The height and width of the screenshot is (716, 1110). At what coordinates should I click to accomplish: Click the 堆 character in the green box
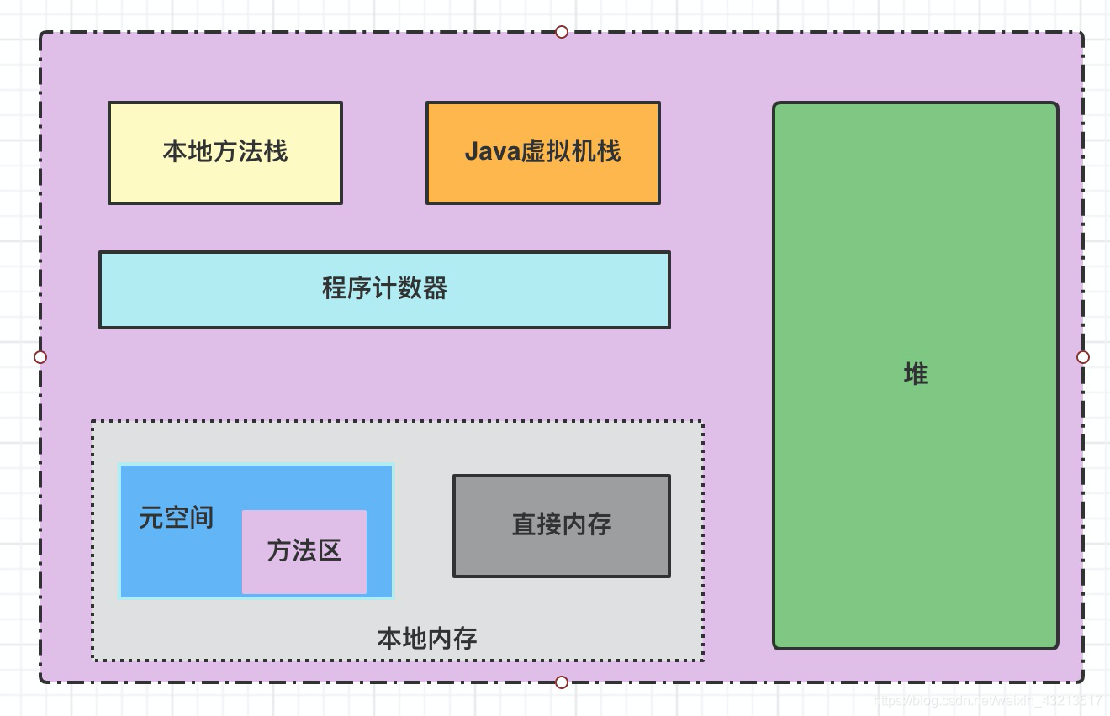[915, 374]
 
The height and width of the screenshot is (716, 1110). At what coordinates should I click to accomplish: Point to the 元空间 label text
[176, 518]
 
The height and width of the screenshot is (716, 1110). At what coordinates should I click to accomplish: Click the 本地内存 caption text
[427, 639]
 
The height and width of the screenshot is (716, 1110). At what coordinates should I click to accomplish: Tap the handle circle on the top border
[562, 32]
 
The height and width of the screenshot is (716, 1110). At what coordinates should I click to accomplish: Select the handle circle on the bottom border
[562, 682]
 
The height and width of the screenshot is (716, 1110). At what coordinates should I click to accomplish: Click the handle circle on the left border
[40, 357]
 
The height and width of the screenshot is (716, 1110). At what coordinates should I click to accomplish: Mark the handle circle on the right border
[1083, 357]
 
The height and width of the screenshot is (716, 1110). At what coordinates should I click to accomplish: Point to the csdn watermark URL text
[987, 700]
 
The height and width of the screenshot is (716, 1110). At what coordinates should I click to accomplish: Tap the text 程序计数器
[384, 289]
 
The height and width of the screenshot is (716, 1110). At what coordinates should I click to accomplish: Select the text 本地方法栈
[225, 152]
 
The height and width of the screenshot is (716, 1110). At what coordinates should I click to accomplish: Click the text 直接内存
[561, 525]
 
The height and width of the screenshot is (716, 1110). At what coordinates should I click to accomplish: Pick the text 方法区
[304, 550]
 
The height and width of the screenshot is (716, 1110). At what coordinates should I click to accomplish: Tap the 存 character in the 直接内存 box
[599, 525]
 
